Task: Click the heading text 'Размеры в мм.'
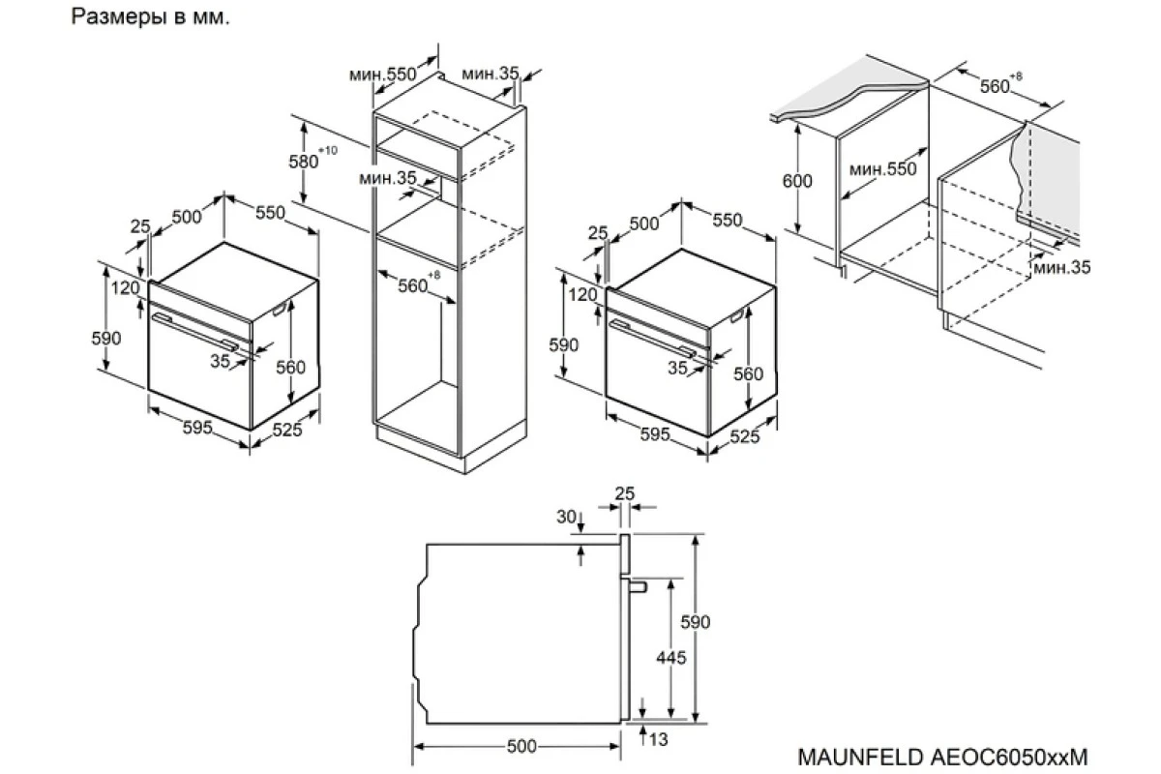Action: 150,17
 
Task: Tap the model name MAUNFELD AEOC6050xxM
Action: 942,757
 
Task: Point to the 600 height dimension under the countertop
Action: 797,181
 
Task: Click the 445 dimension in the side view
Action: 671,658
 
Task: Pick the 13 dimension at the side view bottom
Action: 658,740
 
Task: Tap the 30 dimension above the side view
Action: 567,517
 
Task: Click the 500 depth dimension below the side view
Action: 521,746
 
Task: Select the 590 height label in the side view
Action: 695,621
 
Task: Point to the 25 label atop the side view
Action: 625,493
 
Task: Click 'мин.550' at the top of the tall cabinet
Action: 382,74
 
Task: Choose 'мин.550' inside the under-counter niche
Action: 883,169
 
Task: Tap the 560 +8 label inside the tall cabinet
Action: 419,283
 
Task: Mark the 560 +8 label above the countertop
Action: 1000,83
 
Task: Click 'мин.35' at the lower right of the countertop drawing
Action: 1062,267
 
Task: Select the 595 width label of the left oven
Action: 197,428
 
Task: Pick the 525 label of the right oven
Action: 745,436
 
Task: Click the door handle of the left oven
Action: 194,332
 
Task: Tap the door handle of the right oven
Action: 652,339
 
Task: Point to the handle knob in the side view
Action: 639,587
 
